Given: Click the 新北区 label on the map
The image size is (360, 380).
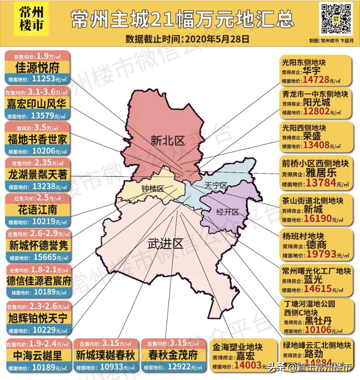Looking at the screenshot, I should coord(167,141).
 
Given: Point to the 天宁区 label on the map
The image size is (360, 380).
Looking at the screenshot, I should coord(215,185).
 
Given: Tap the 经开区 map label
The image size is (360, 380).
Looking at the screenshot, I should coord(227,212).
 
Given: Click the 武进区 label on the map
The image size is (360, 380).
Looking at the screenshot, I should coord(165,244).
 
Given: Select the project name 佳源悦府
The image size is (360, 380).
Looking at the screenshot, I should coord(37,68).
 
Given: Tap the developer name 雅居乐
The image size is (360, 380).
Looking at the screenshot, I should coord(321,173).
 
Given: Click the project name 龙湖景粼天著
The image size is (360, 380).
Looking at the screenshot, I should coord(37,174).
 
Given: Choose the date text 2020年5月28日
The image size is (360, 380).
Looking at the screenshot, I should coord(217,39).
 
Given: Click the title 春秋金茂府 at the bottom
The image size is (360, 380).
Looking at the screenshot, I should coord(173,355).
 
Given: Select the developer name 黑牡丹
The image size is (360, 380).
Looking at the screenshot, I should coord(318,321).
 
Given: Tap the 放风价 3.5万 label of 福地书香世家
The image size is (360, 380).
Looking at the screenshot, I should coord(37,128).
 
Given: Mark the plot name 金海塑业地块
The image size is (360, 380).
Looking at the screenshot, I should coord(238,347).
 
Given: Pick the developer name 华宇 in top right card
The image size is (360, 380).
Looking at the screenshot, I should coord(312,71).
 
